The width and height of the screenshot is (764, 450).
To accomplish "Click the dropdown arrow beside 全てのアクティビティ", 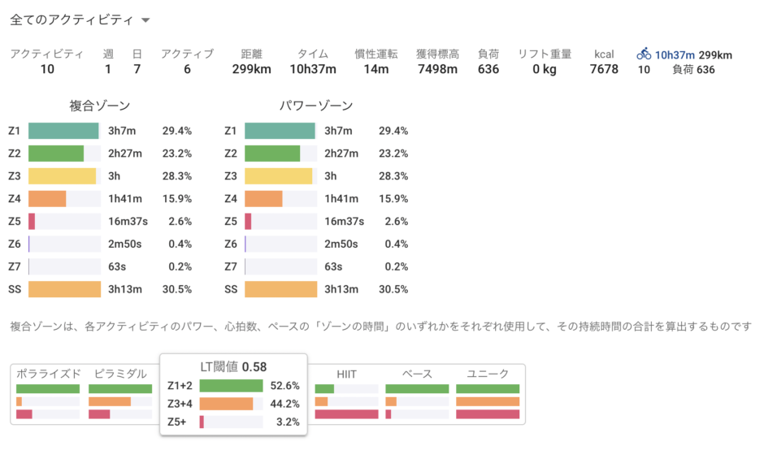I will [x=145, y=19].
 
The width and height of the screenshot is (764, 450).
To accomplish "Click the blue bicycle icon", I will [x=644, y=54].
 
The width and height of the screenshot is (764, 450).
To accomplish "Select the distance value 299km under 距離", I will [x=251, y=70].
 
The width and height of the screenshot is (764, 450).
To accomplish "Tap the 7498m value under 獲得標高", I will [x=437, y=70].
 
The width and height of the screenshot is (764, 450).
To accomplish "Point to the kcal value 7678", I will [x=603, y=70].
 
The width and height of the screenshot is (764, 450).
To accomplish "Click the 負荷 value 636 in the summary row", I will [x=488, y=70].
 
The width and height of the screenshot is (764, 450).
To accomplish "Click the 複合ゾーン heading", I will [x=100, y=106].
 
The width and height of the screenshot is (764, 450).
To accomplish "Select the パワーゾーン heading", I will [x=316, y=106].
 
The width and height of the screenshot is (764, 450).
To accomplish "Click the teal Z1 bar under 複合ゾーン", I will [x=63, y=131].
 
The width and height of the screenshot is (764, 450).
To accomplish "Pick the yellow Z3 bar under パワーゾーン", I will [x=278, y=175].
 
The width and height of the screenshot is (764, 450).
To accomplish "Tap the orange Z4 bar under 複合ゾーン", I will [x=47, y=198].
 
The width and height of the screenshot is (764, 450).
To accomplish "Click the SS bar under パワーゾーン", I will [x=280, y=289].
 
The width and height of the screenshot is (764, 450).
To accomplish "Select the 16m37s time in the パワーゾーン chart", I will [x=344, y=221].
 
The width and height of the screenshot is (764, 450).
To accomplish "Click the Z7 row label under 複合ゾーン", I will [x=15, y=266].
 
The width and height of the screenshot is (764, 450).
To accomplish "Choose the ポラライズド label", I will [x=48, y=374].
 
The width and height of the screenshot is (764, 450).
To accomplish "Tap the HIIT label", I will [x=346, y=374].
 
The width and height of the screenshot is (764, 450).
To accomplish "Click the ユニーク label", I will [x=488, y=374].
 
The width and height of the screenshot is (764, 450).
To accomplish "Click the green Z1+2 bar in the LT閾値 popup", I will [x=231, y=386].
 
